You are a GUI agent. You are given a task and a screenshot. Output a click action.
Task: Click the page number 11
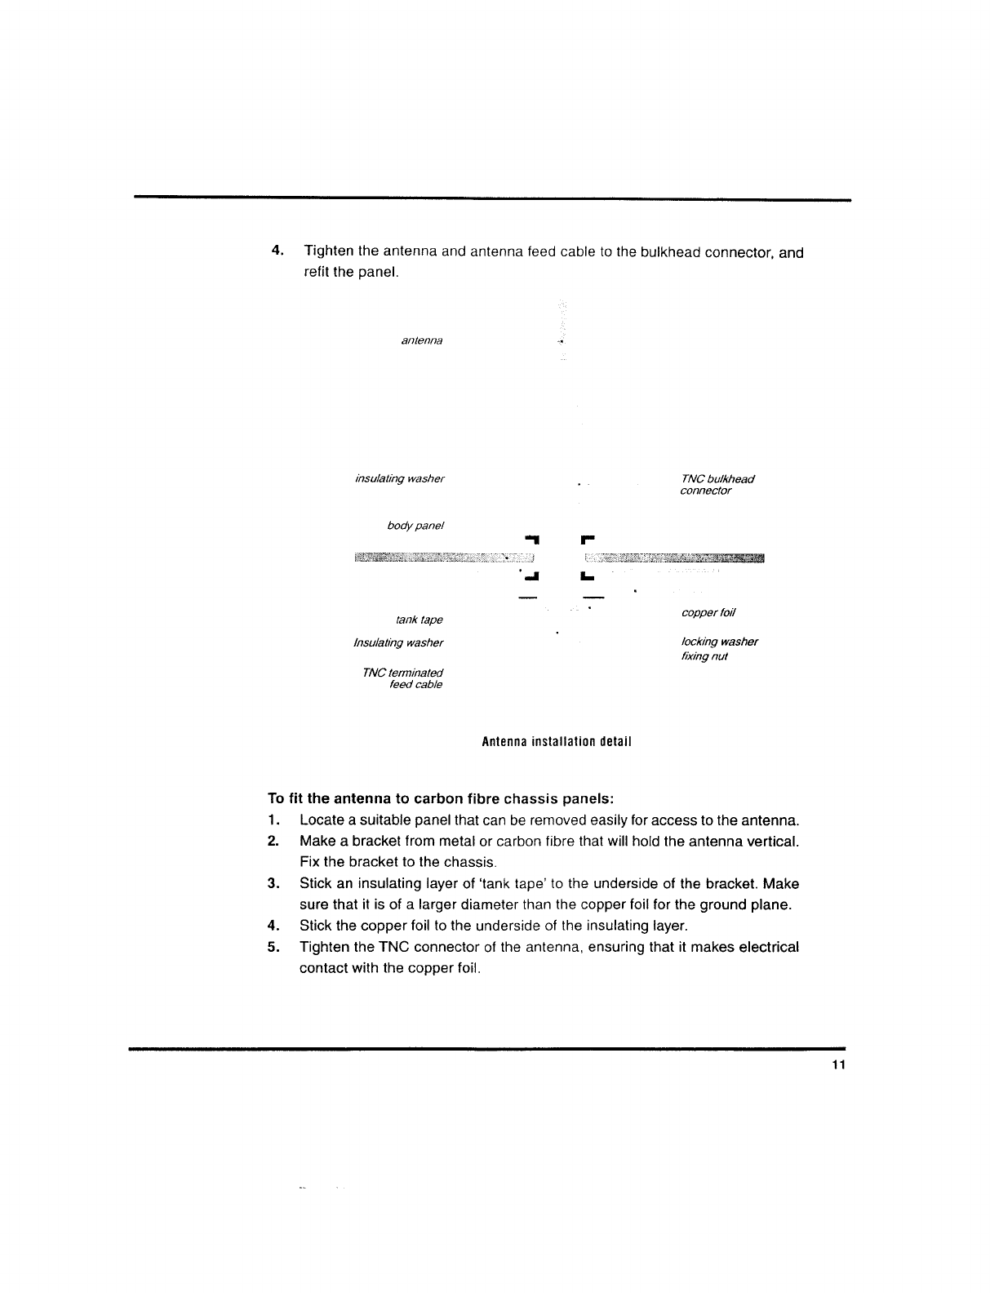837,1064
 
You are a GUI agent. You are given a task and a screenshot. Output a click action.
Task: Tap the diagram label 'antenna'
422,340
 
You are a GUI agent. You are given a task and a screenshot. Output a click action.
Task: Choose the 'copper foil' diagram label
708,612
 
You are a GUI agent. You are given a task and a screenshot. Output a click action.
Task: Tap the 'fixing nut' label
704,656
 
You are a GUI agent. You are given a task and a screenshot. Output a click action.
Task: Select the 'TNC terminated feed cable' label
403,678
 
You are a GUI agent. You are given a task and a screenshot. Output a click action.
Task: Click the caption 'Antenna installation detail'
557,742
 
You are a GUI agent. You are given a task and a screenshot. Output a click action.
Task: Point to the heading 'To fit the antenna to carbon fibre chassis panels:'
441,798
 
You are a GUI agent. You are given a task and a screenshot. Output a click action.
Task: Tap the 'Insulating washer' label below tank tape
398,642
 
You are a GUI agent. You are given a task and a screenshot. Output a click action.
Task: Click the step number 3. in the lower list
273,883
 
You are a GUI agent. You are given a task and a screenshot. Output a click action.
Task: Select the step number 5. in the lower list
273,947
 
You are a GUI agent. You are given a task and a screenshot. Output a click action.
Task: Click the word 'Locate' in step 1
321,820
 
